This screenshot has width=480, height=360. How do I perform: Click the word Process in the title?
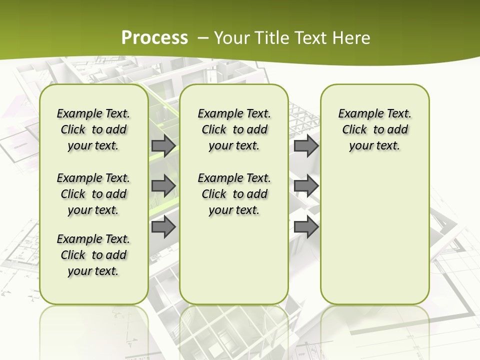click(154, 37)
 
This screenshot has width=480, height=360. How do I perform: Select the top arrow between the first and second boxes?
click(163, 145)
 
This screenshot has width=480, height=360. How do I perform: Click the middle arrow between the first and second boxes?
click(163, 186)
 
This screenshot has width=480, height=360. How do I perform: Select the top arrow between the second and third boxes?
click(306, 145)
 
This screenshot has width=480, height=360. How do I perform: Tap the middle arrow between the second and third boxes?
click(306, 186)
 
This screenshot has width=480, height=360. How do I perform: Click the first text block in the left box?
click(93, 129)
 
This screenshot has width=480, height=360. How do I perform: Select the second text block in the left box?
click(93, 194)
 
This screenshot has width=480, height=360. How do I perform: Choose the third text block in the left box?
click(93, 255)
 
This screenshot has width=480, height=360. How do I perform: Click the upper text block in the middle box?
click(234, 129)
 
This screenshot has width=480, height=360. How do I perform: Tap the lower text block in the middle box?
click(234, 194)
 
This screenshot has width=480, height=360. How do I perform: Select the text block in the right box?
click(374, 129)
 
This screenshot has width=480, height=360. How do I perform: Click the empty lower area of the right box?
click(374, 235)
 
